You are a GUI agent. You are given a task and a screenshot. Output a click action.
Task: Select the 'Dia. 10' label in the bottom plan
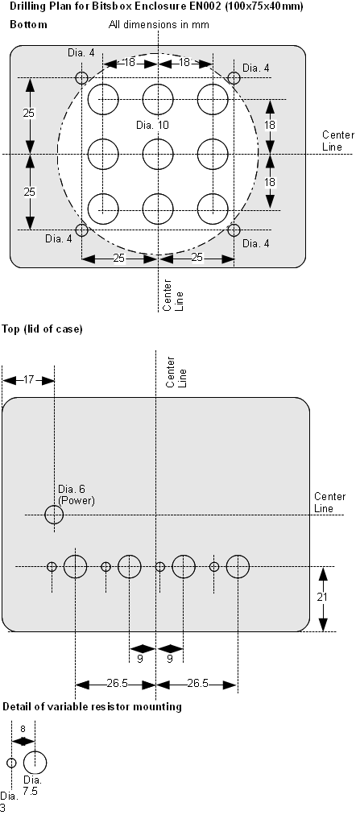pos(152,126)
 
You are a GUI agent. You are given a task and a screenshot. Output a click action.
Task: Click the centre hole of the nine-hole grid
pos(158,154)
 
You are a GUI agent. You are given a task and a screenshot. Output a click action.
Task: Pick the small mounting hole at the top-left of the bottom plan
pos(81,78)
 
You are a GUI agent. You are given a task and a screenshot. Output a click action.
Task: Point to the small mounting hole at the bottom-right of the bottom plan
pos(234,230)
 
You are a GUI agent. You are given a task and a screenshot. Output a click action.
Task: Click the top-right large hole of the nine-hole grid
pos(212,99)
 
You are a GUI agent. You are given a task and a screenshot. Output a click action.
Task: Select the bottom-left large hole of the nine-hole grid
pos(103,209)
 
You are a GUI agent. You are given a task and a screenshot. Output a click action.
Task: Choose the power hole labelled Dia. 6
pos(54,515)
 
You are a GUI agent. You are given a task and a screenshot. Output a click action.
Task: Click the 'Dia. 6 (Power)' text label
pos(76,494)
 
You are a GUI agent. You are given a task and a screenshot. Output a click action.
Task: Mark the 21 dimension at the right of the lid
pos(321,598)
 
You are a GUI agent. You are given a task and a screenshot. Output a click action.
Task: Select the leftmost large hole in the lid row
pos(76,567)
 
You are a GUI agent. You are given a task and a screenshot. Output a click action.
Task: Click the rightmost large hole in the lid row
pos(238,567)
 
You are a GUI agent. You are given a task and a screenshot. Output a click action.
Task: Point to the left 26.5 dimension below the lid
pos(116,685)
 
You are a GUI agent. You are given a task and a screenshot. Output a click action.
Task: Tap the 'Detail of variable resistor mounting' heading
pos(92,707)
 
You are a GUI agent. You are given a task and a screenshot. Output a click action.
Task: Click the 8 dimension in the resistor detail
pos(23,728)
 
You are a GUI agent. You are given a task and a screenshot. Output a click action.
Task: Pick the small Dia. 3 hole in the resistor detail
pos(11,763)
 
